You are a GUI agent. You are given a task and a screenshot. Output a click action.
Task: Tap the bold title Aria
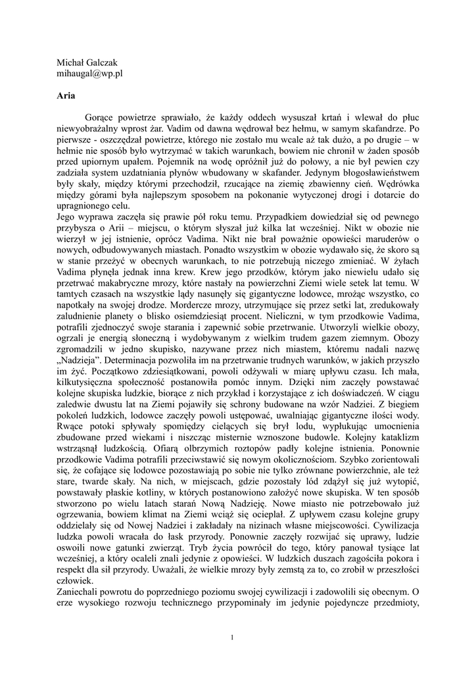pyautogui.click(x=66, y=96)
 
